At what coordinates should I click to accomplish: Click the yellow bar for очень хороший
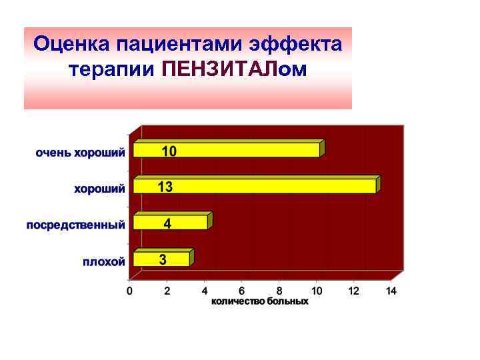(x=227, y=151)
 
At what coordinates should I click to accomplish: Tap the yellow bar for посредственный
(x=171, y=223)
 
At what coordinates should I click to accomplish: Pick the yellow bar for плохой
(x=162, y=259)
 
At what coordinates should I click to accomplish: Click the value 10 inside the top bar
(x=169, y=151)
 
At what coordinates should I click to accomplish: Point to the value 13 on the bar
(x=165, y=187)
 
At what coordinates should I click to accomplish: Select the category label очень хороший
(x=80, y=153)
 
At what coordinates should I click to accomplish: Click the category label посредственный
(x=75, y=225)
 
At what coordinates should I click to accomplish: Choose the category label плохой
(x=103, y=261)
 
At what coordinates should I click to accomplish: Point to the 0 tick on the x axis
(x=130, y=291)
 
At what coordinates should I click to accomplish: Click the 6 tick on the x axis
(x=242, y=291)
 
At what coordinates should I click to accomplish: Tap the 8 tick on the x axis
(x=279, y=291)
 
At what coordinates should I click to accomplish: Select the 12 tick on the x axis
(x=354, y=291)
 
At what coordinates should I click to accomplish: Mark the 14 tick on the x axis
(x=391, y=291)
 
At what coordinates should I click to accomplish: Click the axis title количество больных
(x=260, y=301)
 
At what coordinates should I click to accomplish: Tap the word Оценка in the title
(x=71, y=45)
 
